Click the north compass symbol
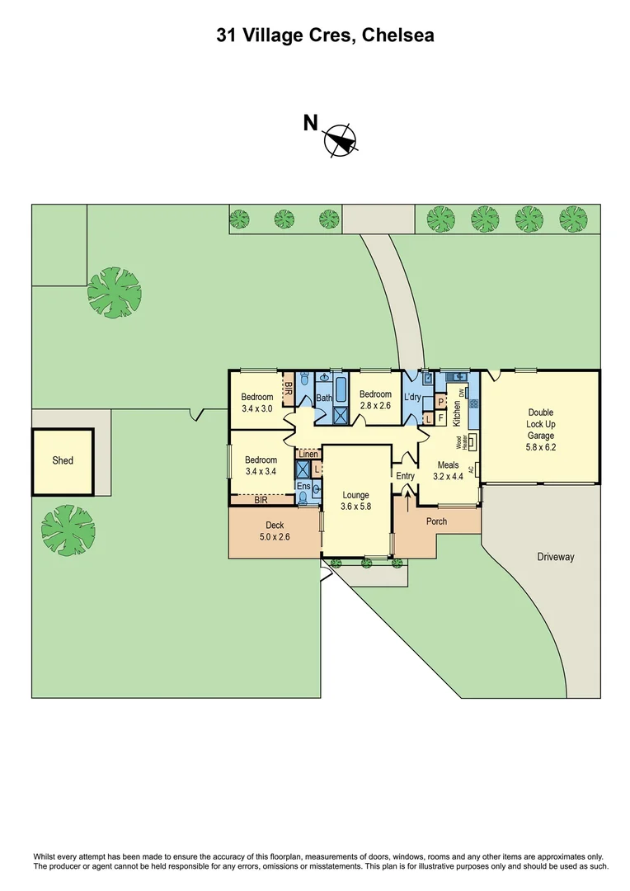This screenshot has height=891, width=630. (x=341, y=140)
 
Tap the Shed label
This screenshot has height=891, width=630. (x=63, y=460)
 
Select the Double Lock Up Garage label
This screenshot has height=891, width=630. (x=541, y=424)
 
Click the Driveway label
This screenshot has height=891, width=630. (x=555, y=557)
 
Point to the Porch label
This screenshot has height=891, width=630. (x=436, y=522)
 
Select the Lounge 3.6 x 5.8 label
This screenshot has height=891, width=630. (x=356, y=501)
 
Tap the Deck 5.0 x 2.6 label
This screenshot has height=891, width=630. (x=274, y=530)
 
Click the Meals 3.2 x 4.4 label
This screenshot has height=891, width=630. (x=449, y=471)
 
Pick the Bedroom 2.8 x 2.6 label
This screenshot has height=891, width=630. (x=375, y=399)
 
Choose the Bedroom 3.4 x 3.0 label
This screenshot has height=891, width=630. (x=256, y=403)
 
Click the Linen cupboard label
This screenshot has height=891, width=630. (x=308, y=454)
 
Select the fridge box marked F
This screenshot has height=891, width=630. (x=440, y=418)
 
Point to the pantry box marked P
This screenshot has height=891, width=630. (x=440, y=403)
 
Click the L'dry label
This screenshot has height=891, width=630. (x=412, y=398)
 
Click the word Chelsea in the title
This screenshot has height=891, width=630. (x=394, y=35)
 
